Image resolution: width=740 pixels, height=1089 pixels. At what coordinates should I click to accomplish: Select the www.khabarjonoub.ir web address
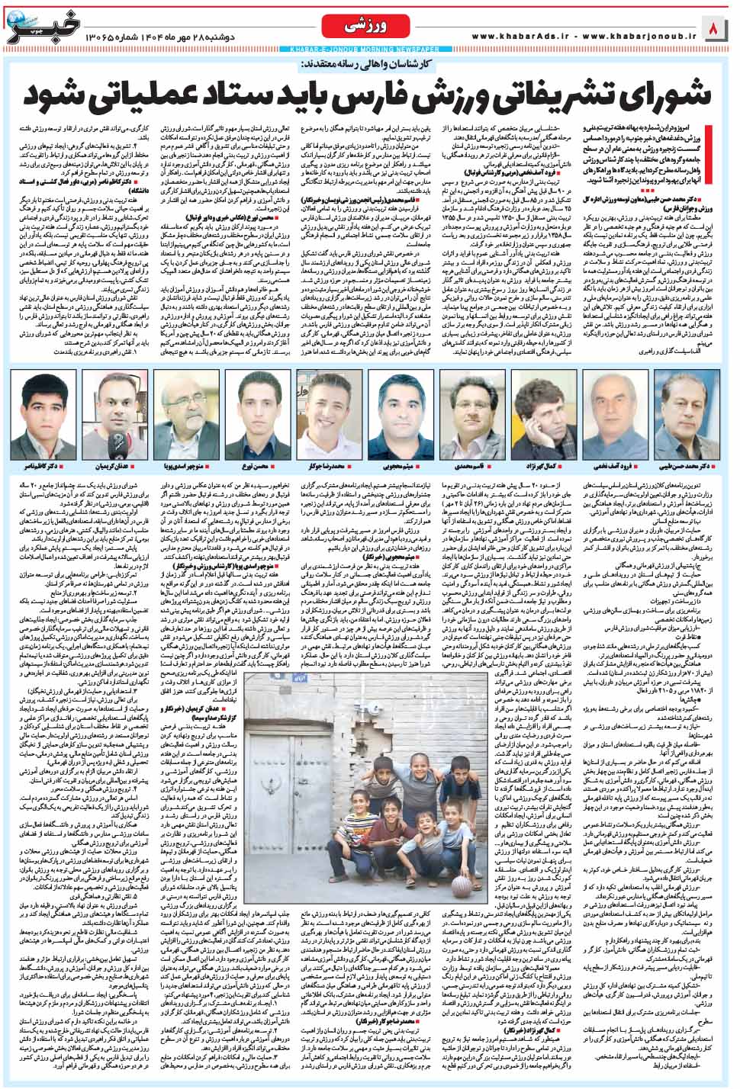tap(641, 35)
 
